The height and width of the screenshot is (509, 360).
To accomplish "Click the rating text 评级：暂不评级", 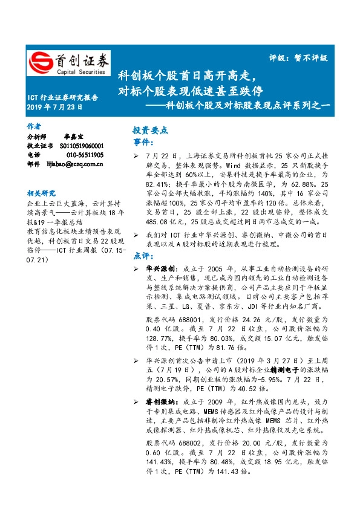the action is pos(297,58).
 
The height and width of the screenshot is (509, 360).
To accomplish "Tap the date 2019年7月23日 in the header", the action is pos(54,107).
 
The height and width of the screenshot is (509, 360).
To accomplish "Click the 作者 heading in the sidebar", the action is pos(34,126).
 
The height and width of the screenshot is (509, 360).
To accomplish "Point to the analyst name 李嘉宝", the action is pos(73,137).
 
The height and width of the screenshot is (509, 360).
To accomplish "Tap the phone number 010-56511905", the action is pos(81,154).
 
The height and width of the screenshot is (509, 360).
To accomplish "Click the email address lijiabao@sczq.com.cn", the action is pos(75,163).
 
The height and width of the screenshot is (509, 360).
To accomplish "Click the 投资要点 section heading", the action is pos(150,130).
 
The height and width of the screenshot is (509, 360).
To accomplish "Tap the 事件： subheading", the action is pos(143,141).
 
